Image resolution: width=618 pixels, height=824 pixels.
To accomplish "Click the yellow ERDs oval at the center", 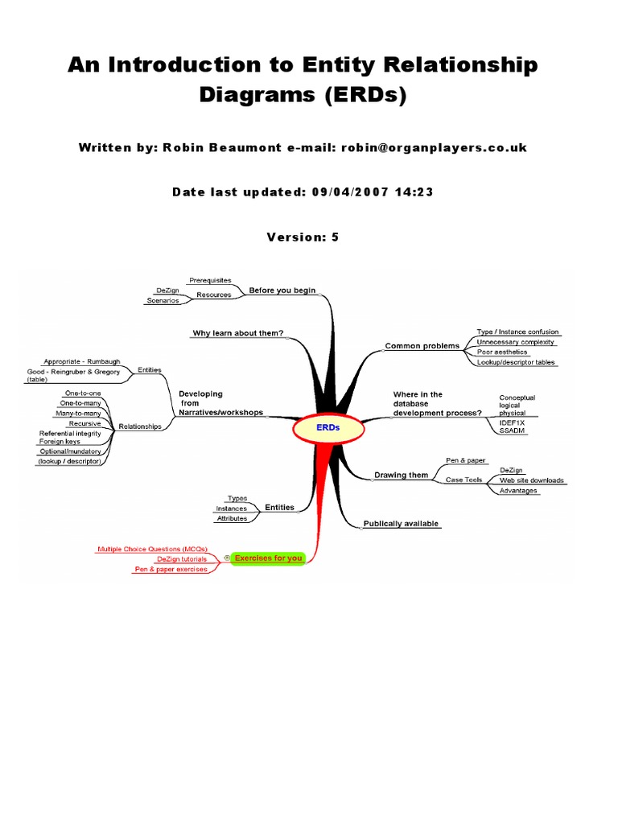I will click(328, 428).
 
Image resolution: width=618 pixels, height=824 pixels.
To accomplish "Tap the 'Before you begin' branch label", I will click(282, 290).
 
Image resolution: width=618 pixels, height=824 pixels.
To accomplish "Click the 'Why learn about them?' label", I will click(237, 333).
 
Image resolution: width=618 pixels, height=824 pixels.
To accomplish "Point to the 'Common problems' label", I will click(422, 346).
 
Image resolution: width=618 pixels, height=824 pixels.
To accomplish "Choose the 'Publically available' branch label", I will click(402, 524).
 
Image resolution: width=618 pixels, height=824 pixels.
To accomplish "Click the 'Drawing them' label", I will click(402, 475).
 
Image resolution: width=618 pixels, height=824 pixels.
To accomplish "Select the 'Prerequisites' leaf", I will click(209, 280).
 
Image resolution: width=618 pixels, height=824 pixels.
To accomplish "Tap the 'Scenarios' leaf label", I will click(163, 301).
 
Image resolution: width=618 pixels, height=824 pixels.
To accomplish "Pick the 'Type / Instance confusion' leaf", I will click(517, 332).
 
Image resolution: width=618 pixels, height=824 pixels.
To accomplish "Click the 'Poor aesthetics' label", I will click(502, 352).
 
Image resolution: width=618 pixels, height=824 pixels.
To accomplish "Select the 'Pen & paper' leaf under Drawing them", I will click(466, 460).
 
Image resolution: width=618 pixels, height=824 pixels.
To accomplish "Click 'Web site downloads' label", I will click(531, 480).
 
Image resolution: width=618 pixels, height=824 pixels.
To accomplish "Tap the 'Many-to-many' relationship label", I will click(78, 413).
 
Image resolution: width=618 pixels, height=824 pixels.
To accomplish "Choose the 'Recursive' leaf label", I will click(84, 423).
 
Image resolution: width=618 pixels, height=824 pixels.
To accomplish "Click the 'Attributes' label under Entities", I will click(232, 519).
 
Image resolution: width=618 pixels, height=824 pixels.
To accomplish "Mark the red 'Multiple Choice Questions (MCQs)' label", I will click(152, 549).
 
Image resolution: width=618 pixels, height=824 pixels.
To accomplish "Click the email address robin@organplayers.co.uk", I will click(434, 148).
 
